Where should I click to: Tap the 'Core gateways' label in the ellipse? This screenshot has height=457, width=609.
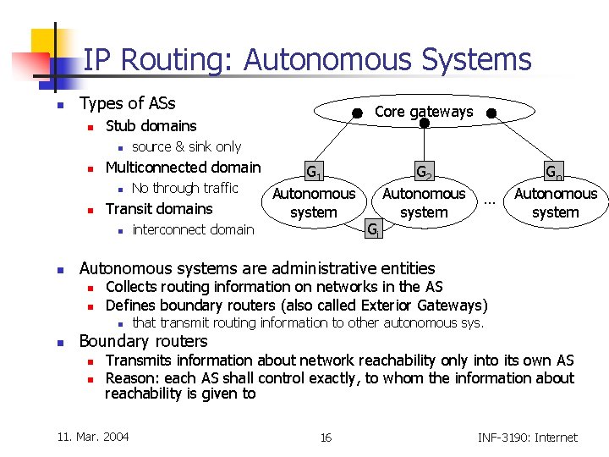[424, 112]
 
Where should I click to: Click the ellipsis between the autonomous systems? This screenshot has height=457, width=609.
[489, 202]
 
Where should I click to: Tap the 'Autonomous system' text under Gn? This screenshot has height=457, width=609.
[556, 203]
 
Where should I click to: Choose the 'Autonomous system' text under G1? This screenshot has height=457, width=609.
[314, 203]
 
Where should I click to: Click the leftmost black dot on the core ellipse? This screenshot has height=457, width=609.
[358, 113]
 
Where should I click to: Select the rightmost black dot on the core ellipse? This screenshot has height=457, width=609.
[491, 113]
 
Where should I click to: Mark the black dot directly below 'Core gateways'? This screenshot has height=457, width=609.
[425, 124]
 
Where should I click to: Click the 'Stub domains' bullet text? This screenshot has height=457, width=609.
[151, 126]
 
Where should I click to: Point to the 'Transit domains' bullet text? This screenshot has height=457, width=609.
[159, 209]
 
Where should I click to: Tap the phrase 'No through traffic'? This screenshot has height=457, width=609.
[185, 188]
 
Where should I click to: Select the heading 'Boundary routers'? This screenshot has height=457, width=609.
[143, 341]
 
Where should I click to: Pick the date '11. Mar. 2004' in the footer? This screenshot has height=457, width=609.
[93, 437]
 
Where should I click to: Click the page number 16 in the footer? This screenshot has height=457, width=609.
[326, 438]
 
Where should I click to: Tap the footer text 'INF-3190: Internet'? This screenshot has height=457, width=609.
[527, 438]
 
